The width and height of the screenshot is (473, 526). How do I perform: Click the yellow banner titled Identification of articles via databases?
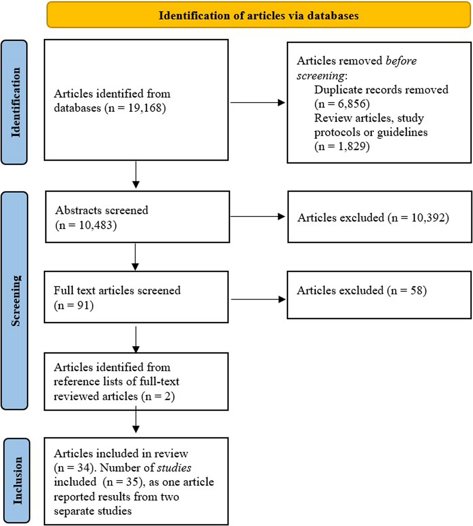coord(259,15)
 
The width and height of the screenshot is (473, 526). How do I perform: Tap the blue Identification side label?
coord(14,102)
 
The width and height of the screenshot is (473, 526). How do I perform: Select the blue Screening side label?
coord(15,300)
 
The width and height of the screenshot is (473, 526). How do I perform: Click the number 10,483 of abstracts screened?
coord(96,225)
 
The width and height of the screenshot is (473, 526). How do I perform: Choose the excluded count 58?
coord(416,290)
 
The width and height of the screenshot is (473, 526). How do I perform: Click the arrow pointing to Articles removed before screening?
coord(258,102)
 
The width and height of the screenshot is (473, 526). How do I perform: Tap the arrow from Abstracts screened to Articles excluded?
coord(258,217)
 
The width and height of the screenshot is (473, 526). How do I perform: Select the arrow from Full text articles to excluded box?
coord(258,299)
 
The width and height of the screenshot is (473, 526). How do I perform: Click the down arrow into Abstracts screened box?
coord(136,175)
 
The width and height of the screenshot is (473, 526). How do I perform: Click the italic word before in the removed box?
coord(401,61)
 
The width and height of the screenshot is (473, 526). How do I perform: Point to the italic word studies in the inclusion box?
coord(174,468)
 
